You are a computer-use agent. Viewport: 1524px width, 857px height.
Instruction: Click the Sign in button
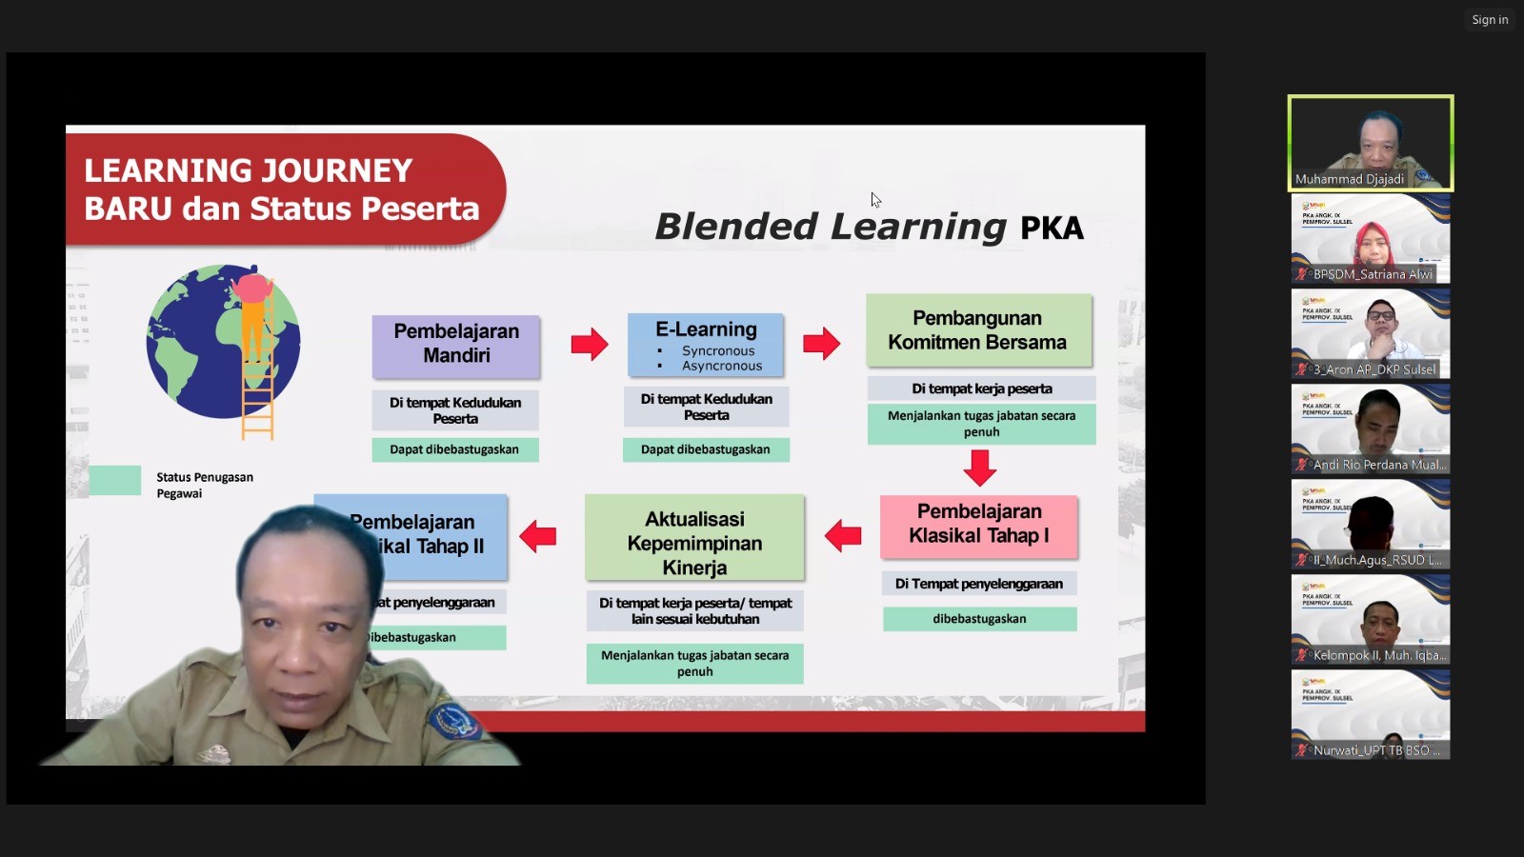(x=1489, y=20)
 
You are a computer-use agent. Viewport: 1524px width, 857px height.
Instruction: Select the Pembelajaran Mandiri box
(x=456, y=345)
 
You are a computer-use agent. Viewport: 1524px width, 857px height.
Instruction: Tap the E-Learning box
(x=706, y=345)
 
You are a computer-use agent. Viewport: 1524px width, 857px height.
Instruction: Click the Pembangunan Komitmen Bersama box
(x=978, y=330)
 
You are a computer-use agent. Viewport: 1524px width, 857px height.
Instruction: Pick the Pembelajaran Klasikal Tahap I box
(x=979, y=525)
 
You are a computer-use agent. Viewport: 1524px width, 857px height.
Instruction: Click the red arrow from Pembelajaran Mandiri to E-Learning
(x=590, y=344)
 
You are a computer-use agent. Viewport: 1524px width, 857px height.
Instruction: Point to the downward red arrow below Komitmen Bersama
(x=980, y=467)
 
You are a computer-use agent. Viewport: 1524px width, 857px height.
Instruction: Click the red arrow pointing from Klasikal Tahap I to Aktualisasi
(x=843, y=535)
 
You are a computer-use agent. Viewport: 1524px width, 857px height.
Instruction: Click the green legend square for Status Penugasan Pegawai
(x=115, y=481)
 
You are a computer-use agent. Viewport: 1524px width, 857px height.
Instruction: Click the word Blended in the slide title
(x=735, y=227)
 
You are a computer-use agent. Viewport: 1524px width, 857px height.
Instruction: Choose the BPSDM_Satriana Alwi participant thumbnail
(x=1370, y=238)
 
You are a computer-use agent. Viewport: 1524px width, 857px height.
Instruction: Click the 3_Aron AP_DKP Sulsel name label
(x=1374, y=369)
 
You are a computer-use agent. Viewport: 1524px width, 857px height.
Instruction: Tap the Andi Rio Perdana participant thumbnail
(x=1370, y=428)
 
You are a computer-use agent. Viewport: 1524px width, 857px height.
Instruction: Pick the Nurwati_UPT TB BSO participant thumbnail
(x=1370, y=713)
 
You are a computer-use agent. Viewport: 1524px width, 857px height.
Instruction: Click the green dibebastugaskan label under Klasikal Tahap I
(x=979, y=619)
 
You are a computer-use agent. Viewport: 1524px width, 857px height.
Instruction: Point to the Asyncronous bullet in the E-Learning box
(x=721, y=366)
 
